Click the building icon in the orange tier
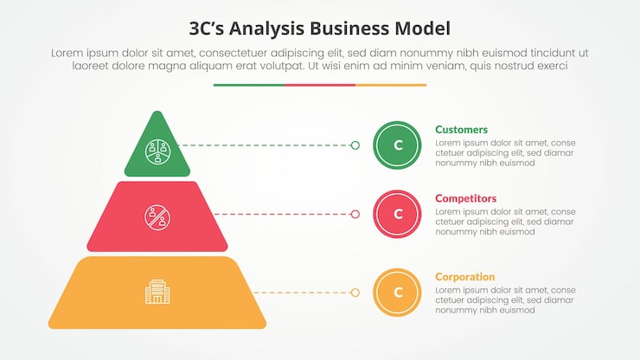157,292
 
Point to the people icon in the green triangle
157,152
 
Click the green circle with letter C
398,145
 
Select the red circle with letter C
398,214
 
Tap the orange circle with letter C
398,292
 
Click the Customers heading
461,130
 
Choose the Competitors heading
465,198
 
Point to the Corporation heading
465,277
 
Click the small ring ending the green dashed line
355,145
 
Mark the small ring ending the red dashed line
355,214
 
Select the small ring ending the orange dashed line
355,292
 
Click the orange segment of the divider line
391,85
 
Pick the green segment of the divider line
248,85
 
